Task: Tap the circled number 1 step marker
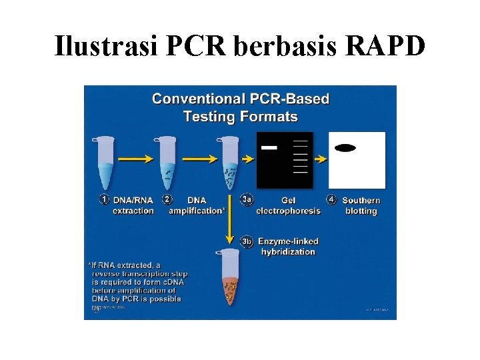pos(105,199)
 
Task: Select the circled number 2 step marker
pos(167,199)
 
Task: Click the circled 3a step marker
pos(247,199)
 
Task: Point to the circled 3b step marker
pos(247,241)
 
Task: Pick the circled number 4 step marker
pos(332,199)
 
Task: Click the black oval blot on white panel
pos(345,147)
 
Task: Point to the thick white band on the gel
pos(269,147)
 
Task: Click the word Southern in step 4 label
pos(361,200)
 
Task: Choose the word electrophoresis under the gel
pos(288,211)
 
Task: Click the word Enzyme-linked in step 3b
pos(289,241)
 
